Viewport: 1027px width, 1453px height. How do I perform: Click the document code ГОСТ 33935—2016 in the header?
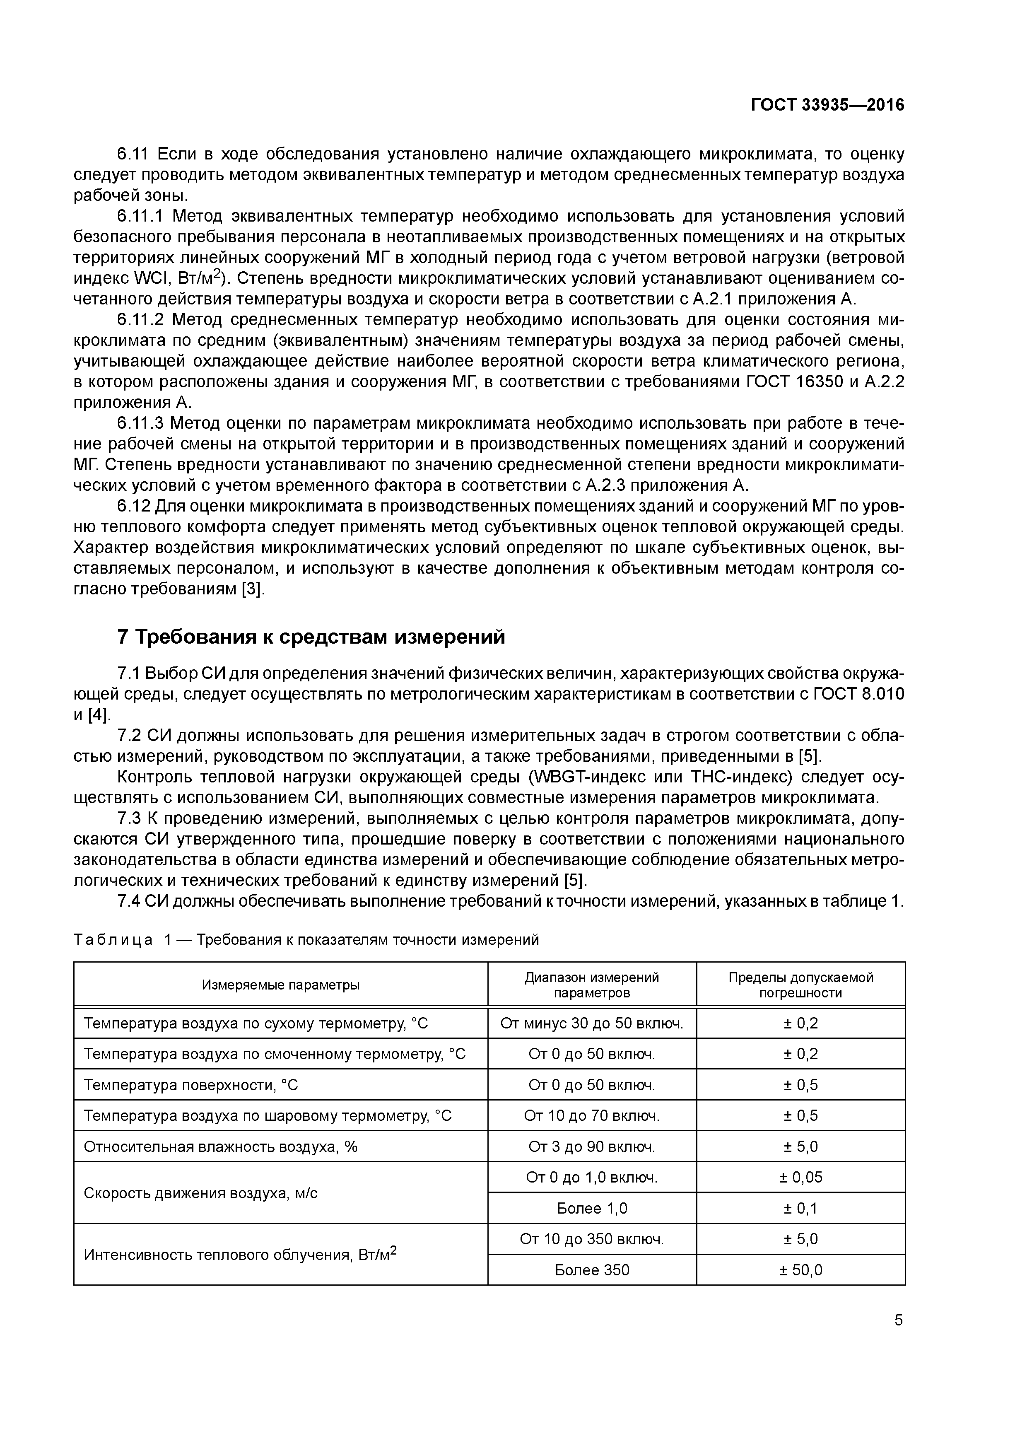[827, 105]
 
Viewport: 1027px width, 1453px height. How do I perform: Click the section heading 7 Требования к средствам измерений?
[311, 637]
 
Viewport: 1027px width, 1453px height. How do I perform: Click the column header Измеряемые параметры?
[280, 985]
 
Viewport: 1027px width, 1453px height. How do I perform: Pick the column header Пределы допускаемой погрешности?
[800, 985]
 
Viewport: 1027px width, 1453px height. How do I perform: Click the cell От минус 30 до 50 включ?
[592, 1023]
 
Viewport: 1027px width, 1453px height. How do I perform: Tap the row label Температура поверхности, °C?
[190, 1085]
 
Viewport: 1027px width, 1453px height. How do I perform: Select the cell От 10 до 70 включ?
[592, 1116]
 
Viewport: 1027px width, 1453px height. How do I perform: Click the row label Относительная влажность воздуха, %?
[220, 1147]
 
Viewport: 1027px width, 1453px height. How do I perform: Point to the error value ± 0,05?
[800, 1177]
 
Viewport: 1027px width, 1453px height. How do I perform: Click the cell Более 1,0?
[592, 1208]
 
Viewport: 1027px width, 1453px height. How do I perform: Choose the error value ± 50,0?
[800, 1270]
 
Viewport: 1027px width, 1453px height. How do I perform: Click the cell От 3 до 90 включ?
[592, 1147]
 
